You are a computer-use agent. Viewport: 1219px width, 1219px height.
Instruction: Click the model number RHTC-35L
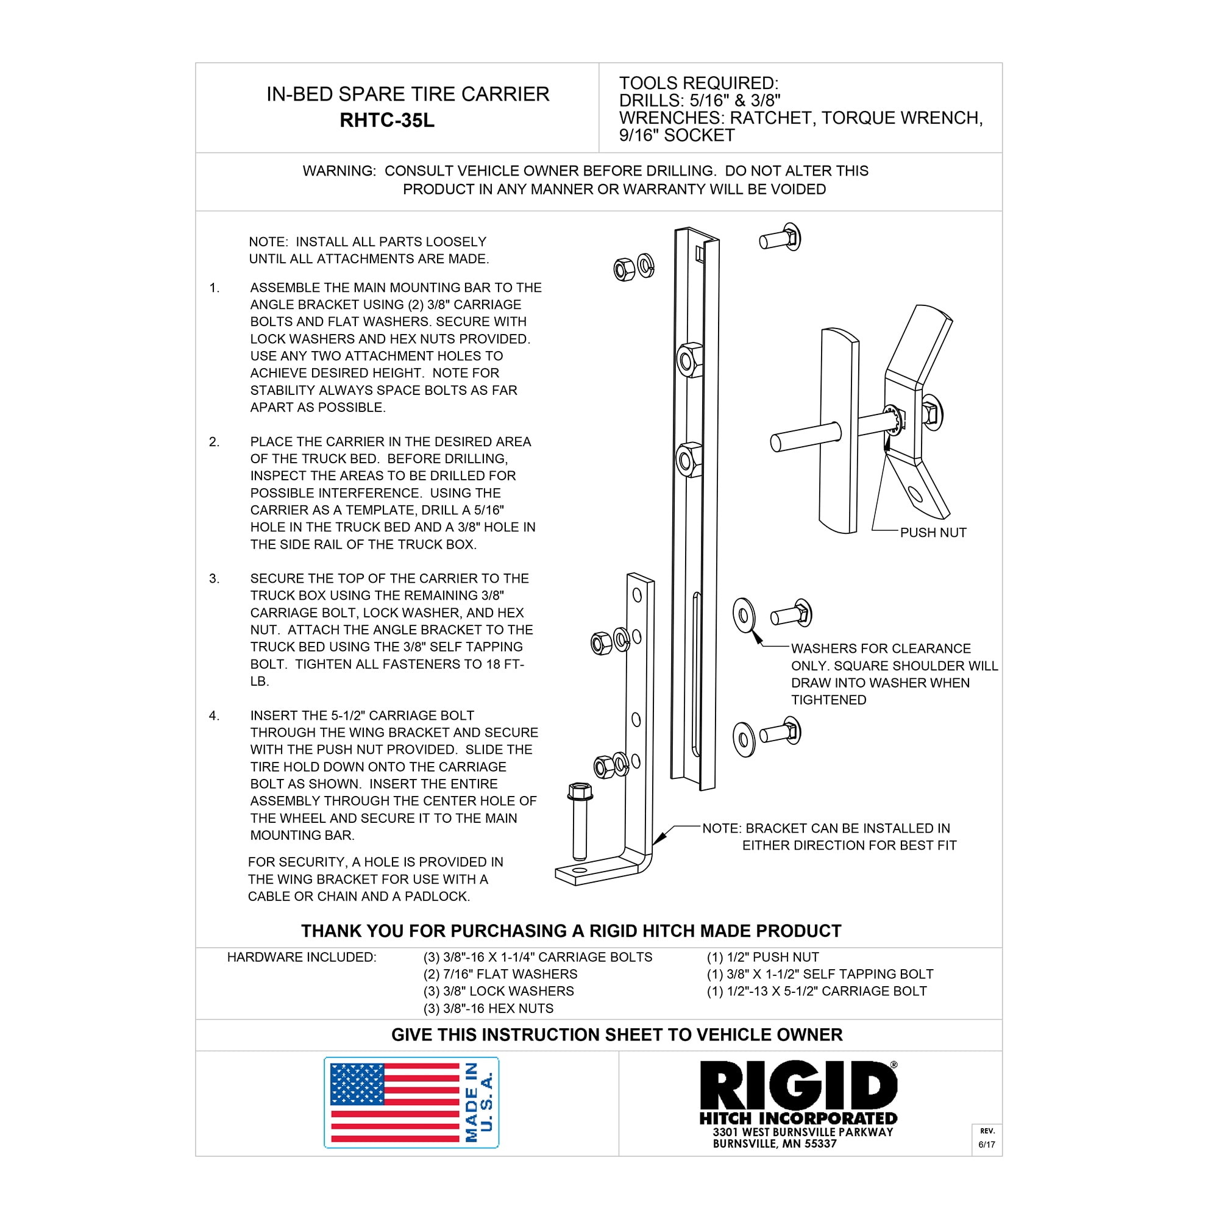click(x=387, y=120)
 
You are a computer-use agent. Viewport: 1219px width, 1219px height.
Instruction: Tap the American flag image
click(x=395, y=1102)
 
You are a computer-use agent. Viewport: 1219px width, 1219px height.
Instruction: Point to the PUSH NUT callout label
click(x=933, y=533)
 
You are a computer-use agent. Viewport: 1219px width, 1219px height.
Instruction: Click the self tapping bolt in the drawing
click(x=579, y=820)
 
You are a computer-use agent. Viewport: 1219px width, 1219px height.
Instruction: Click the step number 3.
click(x=215, y=578)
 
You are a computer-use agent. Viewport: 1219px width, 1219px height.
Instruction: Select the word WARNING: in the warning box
click(x=339, y=171)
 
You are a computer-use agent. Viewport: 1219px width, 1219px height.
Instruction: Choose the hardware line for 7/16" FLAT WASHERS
click(x=500, y=974)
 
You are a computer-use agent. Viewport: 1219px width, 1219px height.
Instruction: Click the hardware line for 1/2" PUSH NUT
click(x=763, y=957)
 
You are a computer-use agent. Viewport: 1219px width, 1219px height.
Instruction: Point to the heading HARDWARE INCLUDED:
click(x=302, y=957)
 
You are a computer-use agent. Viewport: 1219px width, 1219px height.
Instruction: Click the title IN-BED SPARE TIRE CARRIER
click(x=408, y=94)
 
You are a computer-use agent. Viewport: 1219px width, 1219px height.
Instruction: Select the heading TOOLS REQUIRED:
click(x=698, y=83)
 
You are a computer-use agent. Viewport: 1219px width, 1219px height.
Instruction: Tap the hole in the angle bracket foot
click(x=579, y=871)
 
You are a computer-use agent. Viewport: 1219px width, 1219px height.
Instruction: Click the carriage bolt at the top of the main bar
click(x=781, y=238)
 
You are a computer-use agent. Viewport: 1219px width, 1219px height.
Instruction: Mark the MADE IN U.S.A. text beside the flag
click(x=479, y=1102)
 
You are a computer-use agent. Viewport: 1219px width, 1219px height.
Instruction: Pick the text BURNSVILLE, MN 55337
click(x=775, y=1143)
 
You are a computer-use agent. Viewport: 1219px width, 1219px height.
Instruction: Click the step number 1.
click(x=215, y=288)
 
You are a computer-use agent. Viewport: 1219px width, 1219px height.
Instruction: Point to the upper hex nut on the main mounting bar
click(x=689, y=360)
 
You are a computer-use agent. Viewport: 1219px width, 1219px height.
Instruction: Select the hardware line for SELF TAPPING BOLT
click(x=820, y=974)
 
